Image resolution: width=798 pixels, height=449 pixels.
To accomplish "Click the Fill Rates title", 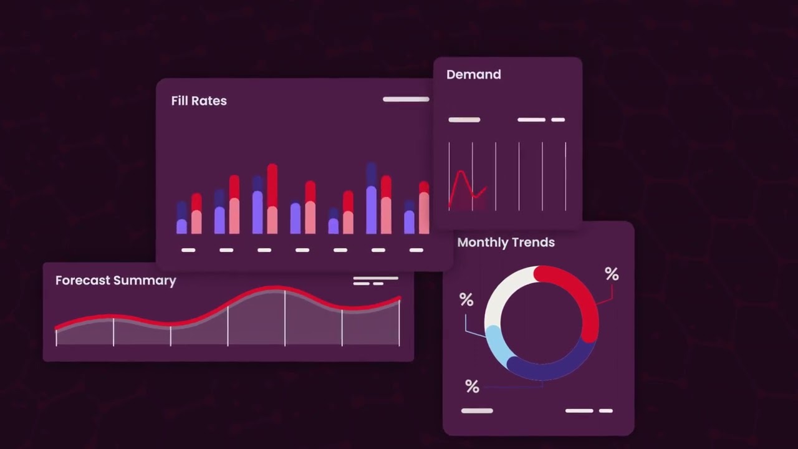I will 199,101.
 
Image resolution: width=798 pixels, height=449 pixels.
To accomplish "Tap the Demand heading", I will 474,75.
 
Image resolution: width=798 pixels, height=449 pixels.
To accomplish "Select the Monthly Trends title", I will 506,243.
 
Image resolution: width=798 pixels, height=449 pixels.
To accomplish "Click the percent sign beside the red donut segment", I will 612,274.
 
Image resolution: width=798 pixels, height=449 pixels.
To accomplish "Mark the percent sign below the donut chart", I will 472,387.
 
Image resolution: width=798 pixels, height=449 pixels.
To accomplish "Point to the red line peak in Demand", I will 461,171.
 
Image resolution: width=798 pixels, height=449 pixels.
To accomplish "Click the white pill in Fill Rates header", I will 406,99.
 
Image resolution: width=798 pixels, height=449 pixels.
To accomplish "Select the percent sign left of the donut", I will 466,301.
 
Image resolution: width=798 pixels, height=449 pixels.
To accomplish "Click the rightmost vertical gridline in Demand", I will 565,176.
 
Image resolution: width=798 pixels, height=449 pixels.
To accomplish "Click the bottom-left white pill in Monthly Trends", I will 477,411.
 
